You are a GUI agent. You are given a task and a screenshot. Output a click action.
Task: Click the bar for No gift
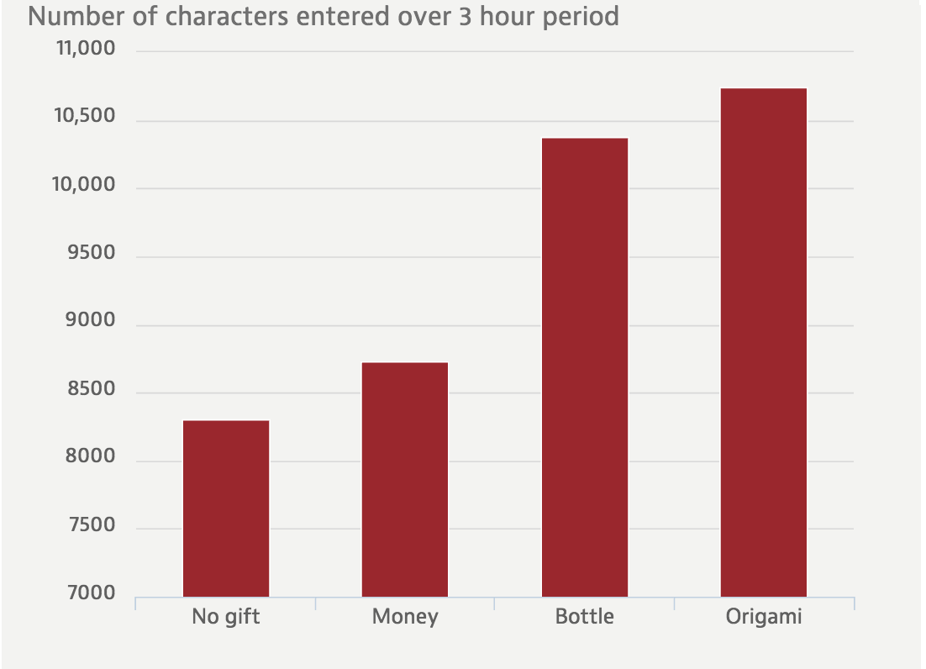pyautogui.click(x=226, y=508)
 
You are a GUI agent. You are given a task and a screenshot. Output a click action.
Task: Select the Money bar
pyautogui.click(x=405, y=479)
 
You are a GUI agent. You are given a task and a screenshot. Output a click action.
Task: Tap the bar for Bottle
pyautogui.click(x=585, y=367)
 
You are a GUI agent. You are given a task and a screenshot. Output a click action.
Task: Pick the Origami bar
pyautogui.click(x=764, y=342)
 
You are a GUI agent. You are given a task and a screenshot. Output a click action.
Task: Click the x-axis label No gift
pyautogui.click(x=226, y=617)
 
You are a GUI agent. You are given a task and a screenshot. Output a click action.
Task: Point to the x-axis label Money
pyautogui.click(x=405, y=617)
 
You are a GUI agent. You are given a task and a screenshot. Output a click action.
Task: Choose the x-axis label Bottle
pyautogui.click(x=585, y=617)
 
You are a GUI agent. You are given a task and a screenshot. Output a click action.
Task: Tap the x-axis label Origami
pyautogui.click(x=764, y=617)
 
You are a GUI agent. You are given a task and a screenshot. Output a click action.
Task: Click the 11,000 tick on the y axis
pyautogui.click(x=85, y=50)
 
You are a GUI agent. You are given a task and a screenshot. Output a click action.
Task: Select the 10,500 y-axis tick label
pyautogui.click(x=85, y=118)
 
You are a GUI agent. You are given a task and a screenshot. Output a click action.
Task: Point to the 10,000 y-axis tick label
pyautogui.click(x=85, y=186)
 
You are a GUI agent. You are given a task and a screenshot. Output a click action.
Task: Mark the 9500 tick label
pyautogui.click(x=91, y=254)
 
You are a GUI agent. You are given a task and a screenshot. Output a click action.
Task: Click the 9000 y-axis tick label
pyautogui.click(x=91, y=322)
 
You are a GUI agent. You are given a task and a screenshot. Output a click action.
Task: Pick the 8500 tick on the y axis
pyautogui.click(x=91, y=390)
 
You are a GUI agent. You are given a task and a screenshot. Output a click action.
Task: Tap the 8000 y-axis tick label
pyautogui.click(x=91, y=458)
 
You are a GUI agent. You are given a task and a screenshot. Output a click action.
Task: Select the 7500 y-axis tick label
pyautogui.click(x=91, y=526)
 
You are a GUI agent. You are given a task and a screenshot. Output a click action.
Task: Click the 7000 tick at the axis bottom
pyautogui.click(x=91, y=593)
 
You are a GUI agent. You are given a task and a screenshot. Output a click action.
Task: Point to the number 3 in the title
pyautogui.click(x=466, y=16)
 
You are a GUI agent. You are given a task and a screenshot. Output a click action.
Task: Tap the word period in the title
pyautogui.click(x=581, y=16)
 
